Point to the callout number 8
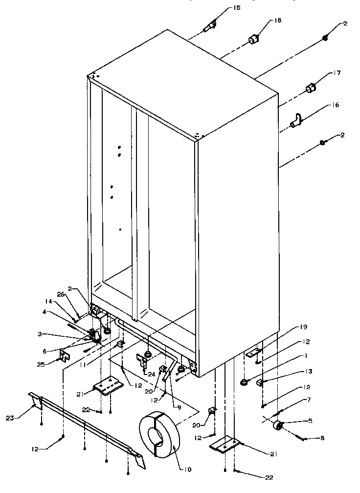tap(309, 439)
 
